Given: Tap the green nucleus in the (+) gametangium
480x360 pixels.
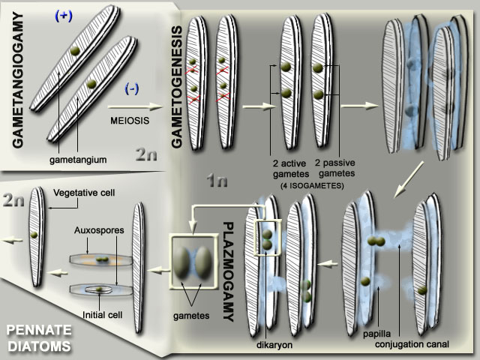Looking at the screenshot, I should [x=76, y=49].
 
